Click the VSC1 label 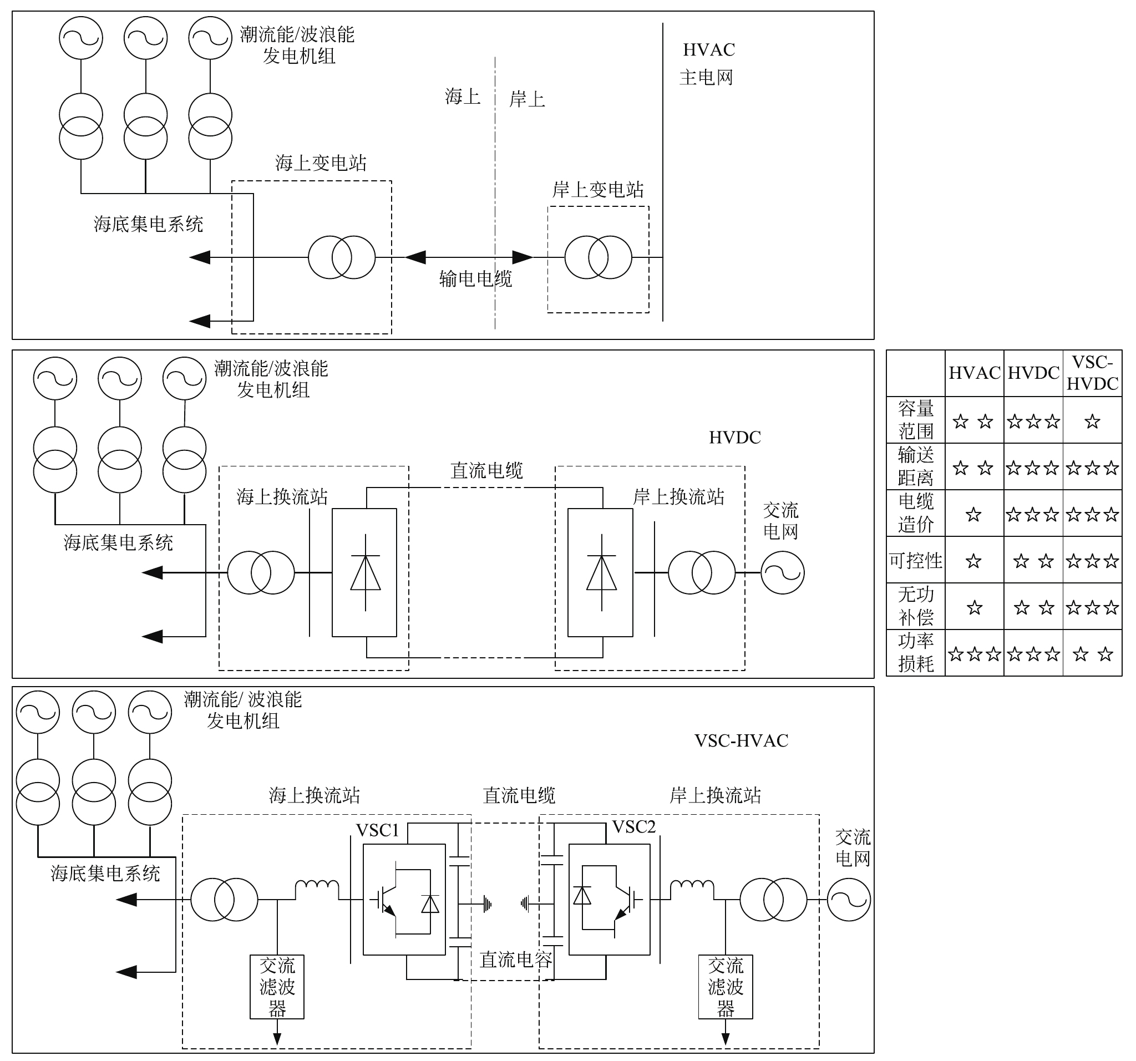377,830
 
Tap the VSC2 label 633,827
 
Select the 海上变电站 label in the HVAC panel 321,164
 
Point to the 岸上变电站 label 598,190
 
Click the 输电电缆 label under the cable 475,279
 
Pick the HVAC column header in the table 974,373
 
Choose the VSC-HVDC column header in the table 1092,373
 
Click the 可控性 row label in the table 915,561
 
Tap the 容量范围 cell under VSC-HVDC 1092,422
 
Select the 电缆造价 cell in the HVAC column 973,515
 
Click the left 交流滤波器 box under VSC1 277,987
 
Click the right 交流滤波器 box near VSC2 725,987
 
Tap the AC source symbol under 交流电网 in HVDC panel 782,572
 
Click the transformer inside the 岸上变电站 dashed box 599,257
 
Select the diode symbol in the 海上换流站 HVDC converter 365,572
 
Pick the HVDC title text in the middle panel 735,438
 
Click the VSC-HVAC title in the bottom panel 741,740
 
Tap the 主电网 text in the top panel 706,77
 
